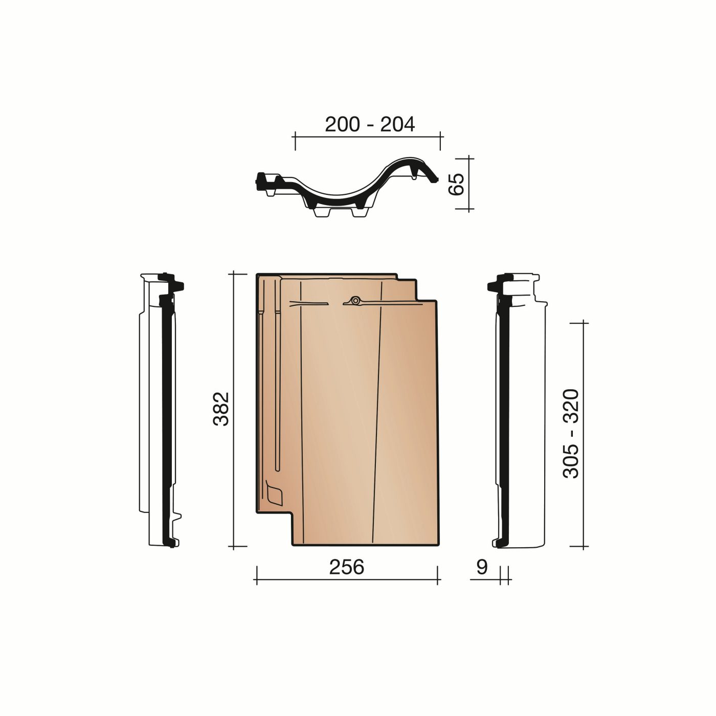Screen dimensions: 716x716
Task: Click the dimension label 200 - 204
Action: click(x=370, y=124)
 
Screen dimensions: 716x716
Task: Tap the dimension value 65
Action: click(x=455, y=184)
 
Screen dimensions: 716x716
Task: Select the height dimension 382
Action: click(x=220, y=409)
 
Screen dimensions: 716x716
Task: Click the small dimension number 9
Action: click(x=482, y=567)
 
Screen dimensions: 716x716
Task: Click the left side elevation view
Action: click(x=160, y=409)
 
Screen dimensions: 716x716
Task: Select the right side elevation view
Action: click(x=519, y=409)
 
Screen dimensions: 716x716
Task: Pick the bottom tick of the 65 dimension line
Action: click(x=469, y=209)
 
